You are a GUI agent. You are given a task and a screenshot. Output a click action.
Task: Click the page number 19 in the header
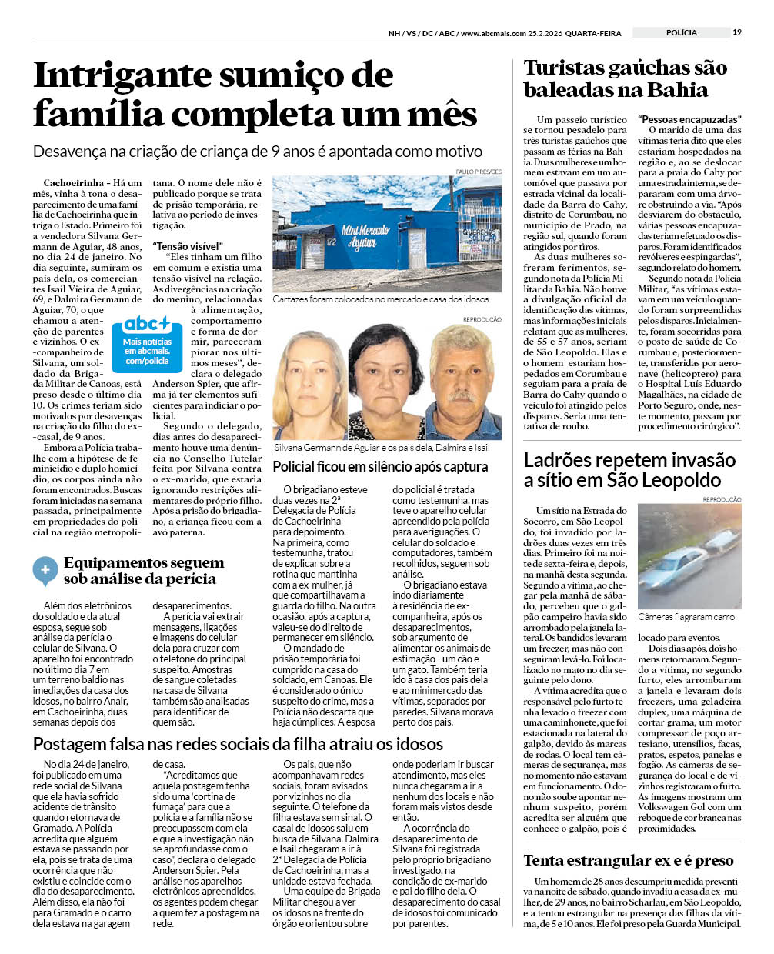point(737,32)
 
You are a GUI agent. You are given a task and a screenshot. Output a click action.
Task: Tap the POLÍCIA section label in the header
point(681,32)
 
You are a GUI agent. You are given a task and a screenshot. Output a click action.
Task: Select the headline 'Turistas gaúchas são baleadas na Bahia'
point(625,78)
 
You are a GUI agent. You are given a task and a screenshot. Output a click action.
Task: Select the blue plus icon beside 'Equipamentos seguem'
point(45,571)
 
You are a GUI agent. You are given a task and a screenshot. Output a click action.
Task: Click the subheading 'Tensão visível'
point(188,246)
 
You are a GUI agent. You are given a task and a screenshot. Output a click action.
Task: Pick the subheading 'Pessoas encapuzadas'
point(689,119)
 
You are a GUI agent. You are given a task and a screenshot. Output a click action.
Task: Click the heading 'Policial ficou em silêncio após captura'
point(380,467)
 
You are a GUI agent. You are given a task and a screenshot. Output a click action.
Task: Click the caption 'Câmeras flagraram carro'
point(686,617)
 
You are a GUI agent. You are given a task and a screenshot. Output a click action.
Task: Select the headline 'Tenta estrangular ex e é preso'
point(629,860)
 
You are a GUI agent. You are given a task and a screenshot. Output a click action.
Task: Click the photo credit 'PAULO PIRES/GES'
point(479,172)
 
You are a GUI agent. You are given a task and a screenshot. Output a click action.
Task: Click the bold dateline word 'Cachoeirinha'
point(73,183)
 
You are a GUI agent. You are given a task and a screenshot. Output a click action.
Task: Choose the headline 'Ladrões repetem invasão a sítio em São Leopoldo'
point(629,470)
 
